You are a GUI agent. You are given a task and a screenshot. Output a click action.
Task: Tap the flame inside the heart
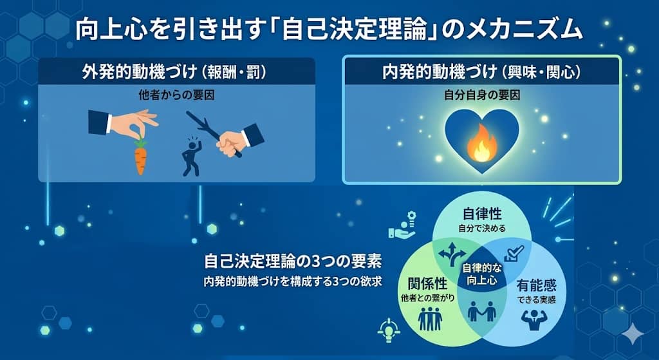(481, 143)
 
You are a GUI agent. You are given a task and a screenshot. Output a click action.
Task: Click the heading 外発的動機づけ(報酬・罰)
(176, 71)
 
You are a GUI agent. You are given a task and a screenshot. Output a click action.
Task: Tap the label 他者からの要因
(176, 94)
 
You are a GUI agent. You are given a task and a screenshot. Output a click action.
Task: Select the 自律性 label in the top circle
(482, 214)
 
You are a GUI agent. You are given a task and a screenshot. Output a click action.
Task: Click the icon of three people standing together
(430, 317)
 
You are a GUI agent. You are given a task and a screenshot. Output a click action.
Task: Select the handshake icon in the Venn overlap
(481, 312)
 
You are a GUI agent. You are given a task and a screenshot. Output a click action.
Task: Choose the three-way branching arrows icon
(450, 253)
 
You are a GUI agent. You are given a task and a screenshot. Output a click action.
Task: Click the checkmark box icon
(514, 252)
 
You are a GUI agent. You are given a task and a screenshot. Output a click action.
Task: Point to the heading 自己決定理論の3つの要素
(293, 262)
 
